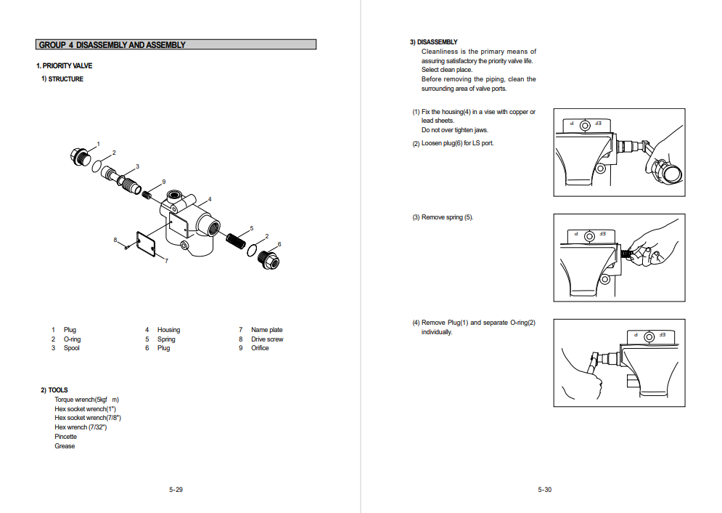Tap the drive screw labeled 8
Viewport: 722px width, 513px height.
pyautogui.click(x=126, y=247)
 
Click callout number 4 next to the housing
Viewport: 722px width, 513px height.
pyautogui.click(x=210, y=198)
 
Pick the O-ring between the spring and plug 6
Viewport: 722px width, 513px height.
pyautogui.click(x=252, y=250)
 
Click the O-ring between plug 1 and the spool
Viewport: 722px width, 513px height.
pyautogui.click(x=97, y=167)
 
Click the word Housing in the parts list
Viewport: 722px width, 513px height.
pyautogui.click(x=168, y=330)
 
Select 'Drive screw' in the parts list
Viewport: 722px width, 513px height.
pyautogui.click(x=267, y=339)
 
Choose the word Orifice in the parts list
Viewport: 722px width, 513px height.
pyautogui.click(x=260, y=348)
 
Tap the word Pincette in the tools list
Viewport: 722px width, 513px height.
pyautogui.click(x=65, y=437)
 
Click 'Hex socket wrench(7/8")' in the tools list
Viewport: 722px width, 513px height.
pyautogui.click(x=88, y=418)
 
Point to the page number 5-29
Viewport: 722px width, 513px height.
pyautogui.click(x=176, y=490)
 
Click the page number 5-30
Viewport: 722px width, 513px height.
pyautogui.click(x=545, y=490)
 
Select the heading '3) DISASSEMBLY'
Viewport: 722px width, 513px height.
pyautogui.click(x=433, y=42)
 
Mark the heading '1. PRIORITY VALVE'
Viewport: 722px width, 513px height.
pyautogui.click(x=65, y=66)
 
